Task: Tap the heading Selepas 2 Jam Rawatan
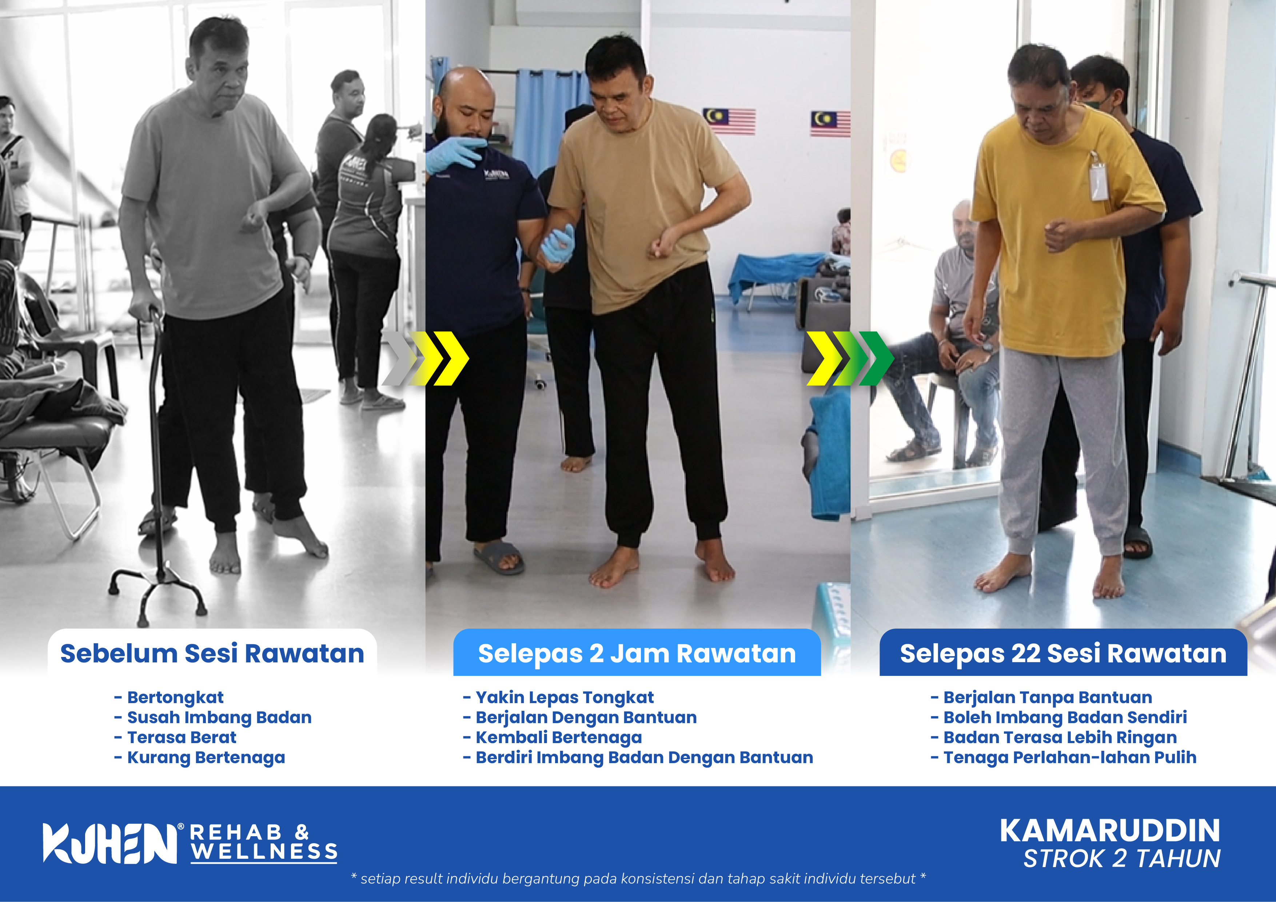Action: click(637, 654)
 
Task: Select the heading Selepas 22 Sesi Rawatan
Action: click(1063, 653)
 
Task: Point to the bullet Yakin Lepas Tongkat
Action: click(565, 698)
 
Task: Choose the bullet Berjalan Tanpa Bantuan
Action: click(1048, 698)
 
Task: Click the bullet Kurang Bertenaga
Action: click(206, 758)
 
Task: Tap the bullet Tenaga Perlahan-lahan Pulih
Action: click(1070, 758)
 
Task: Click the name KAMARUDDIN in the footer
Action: click(1110, 831)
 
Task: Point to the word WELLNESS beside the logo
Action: click(264, 851)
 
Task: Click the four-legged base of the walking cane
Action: click(158, 592)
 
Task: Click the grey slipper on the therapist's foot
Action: click(499, 557)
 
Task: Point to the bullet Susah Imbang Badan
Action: click(219, 718)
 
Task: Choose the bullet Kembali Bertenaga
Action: click(559, 738)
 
